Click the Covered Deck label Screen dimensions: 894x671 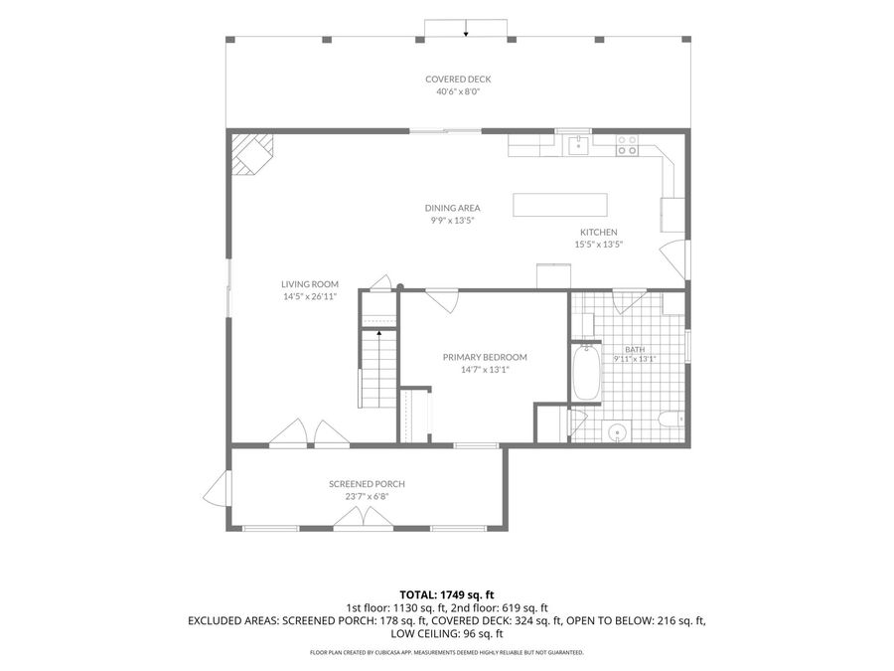(x=458, y=80)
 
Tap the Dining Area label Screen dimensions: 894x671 (x=452, y=209)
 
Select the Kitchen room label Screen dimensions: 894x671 (x=599, y=233)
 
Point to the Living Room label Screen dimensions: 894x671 (x=310, y=284)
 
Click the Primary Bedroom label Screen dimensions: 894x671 (x=485, y=357)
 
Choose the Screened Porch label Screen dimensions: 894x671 (x=367, y=484)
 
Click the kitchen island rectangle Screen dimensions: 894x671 (x=560, y=205)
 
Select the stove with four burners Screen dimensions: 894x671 (x=627, y=145)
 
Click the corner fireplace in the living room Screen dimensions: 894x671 (x=251, y=153)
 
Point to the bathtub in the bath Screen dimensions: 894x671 (x=585, y=372)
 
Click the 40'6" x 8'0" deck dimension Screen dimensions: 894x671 (x=458, y=91)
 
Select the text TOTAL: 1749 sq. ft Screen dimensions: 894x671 (x=446, y=595)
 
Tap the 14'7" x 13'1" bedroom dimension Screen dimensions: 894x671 (x=485, y=370)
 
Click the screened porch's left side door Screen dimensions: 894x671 (x=218, y=489)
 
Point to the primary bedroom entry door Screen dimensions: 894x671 (x=442, y=300)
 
